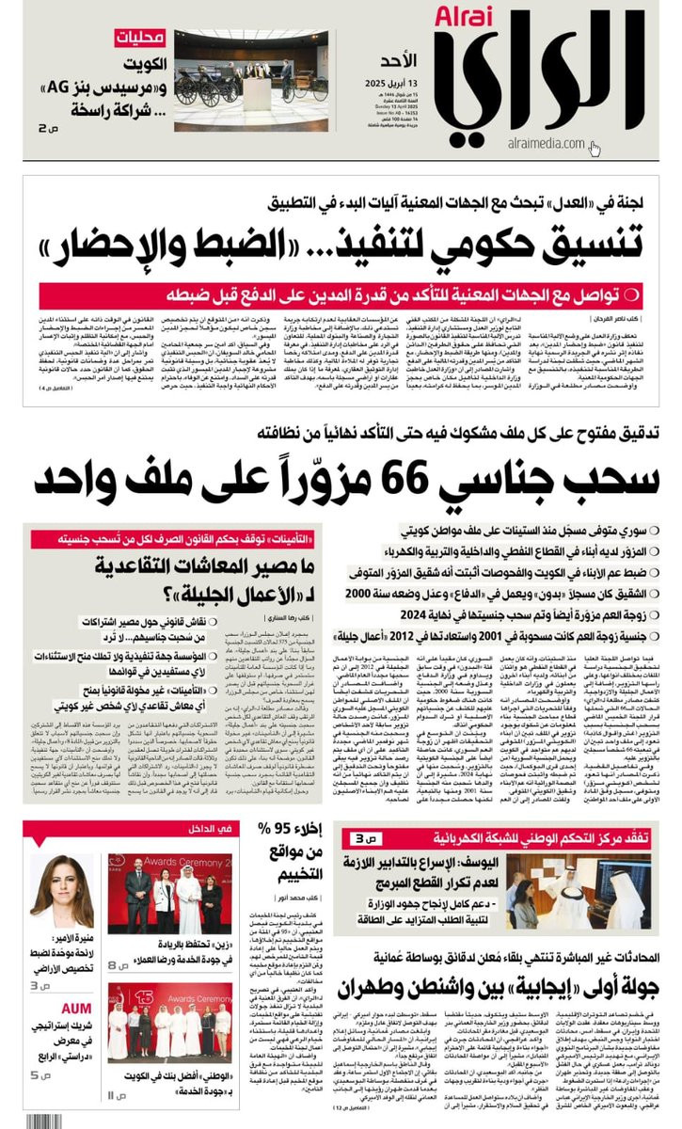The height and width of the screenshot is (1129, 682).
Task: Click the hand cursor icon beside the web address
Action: point(595,149)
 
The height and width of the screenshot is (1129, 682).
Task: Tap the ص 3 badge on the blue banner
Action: point(362,838)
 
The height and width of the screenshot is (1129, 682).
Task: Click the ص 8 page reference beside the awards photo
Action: point(116,964)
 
